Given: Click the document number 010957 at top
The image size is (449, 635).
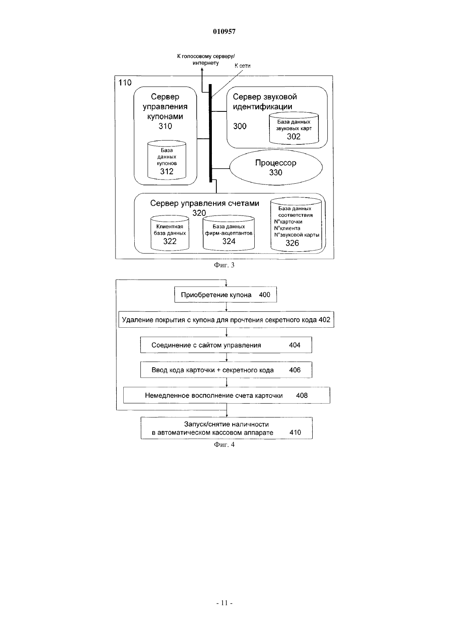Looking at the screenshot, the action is pyautogui.click(x=224, y=31).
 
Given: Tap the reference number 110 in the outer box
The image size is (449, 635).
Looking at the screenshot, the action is pyautogui.click(x=125, y=82).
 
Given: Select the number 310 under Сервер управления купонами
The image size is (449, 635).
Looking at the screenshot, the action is pyautogui.click(x=165, y=126).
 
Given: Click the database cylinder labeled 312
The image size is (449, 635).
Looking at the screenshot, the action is pyautogui.click(x=167, y=160).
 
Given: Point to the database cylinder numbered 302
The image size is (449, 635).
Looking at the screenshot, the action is pyautogui.click(x=294, y=128).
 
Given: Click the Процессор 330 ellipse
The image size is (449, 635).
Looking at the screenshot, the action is pyautogui.click(x=276, y=168).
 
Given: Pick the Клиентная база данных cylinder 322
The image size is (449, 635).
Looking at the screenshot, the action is pyautogui.click(x=170, y=233).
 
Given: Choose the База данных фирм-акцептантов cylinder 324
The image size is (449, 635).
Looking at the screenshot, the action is pyautogui.click(x=229, y=233).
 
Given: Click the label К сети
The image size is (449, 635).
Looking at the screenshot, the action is pyautogui.click(x=242, y=66).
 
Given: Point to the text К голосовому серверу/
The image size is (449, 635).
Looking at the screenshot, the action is pyautogui.click(x=206, y=56).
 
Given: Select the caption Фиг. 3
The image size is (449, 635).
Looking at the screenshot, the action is pyautogui.click(x=224, y=265).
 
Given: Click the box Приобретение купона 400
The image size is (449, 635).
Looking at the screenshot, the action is pyautogui.click(x=226, y=295).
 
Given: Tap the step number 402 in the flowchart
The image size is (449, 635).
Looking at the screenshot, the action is pyautogui.click(x=325, y=320).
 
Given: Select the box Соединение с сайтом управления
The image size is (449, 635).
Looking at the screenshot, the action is pyautogui.click(x=226, y=345).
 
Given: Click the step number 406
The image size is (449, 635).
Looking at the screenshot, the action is pyautogui.click(x=295, y=370).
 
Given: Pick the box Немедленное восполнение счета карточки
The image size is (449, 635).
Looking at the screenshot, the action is pyautogui.click(x=227, y=395).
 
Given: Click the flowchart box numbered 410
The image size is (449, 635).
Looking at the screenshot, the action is pyautogui.click(x=227, y=428).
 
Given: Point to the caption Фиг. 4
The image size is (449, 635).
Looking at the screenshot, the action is pyautogui.click(x=224, y=444).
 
